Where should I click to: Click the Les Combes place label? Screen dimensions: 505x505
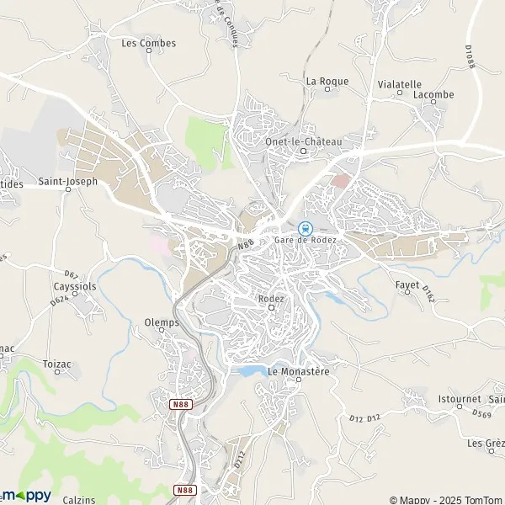click(149, 43)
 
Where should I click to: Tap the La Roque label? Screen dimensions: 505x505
click(321, 81)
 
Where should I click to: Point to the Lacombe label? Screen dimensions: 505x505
click(433, 95)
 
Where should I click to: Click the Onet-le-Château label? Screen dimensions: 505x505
click(303, 141)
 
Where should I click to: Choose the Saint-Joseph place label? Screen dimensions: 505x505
click(68, 181)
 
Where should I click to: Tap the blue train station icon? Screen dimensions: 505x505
click(306, 228)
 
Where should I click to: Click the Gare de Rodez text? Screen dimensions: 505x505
click(305, 241)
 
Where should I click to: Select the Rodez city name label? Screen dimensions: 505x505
click(271, 298)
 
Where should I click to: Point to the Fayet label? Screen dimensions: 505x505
click(407, 284)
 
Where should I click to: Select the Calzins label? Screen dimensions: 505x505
click(79, 499)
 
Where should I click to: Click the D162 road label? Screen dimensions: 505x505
click(428, 293)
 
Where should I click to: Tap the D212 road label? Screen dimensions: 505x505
click(239, 460)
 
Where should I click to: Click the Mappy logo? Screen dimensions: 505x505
click(25, 495)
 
